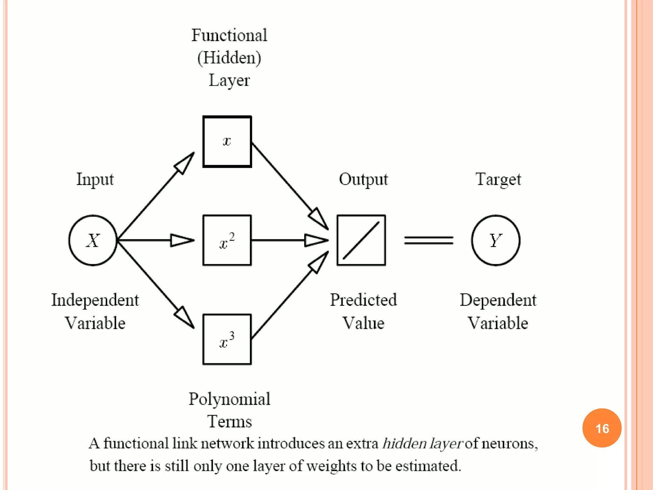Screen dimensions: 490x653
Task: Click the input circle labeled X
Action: [93, 240]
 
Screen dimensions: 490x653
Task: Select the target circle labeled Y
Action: [495, 240]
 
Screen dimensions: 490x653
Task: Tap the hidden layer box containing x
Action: [227, 142]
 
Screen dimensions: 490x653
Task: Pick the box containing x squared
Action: [227, 240]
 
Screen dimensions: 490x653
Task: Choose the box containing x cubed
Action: [227, 339]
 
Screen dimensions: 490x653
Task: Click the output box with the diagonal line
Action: [361, 240]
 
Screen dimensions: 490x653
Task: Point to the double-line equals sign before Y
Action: [429, 240]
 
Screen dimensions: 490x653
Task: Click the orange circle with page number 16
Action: [602, 428]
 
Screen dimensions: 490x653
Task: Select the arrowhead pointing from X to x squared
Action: [182, 240]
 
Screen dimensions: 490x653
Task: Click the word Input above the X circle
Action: [95, 179]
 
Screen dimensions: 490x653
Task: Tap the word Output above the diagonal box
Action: [363, 179]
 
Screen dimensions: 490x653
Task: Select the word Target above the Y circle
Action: [498, 179]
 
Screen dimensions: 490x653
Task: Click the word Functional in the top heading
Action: [229, 35]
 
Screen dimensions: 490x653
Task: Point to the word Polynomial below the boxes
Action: [229, 399]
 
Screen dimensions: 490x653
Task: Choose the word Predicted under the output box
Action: [363, 300]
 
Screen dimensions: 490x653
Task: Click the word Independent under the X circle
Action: [95, 300]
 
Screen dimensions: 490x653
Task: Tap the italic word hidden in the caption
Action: [404, 443]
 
